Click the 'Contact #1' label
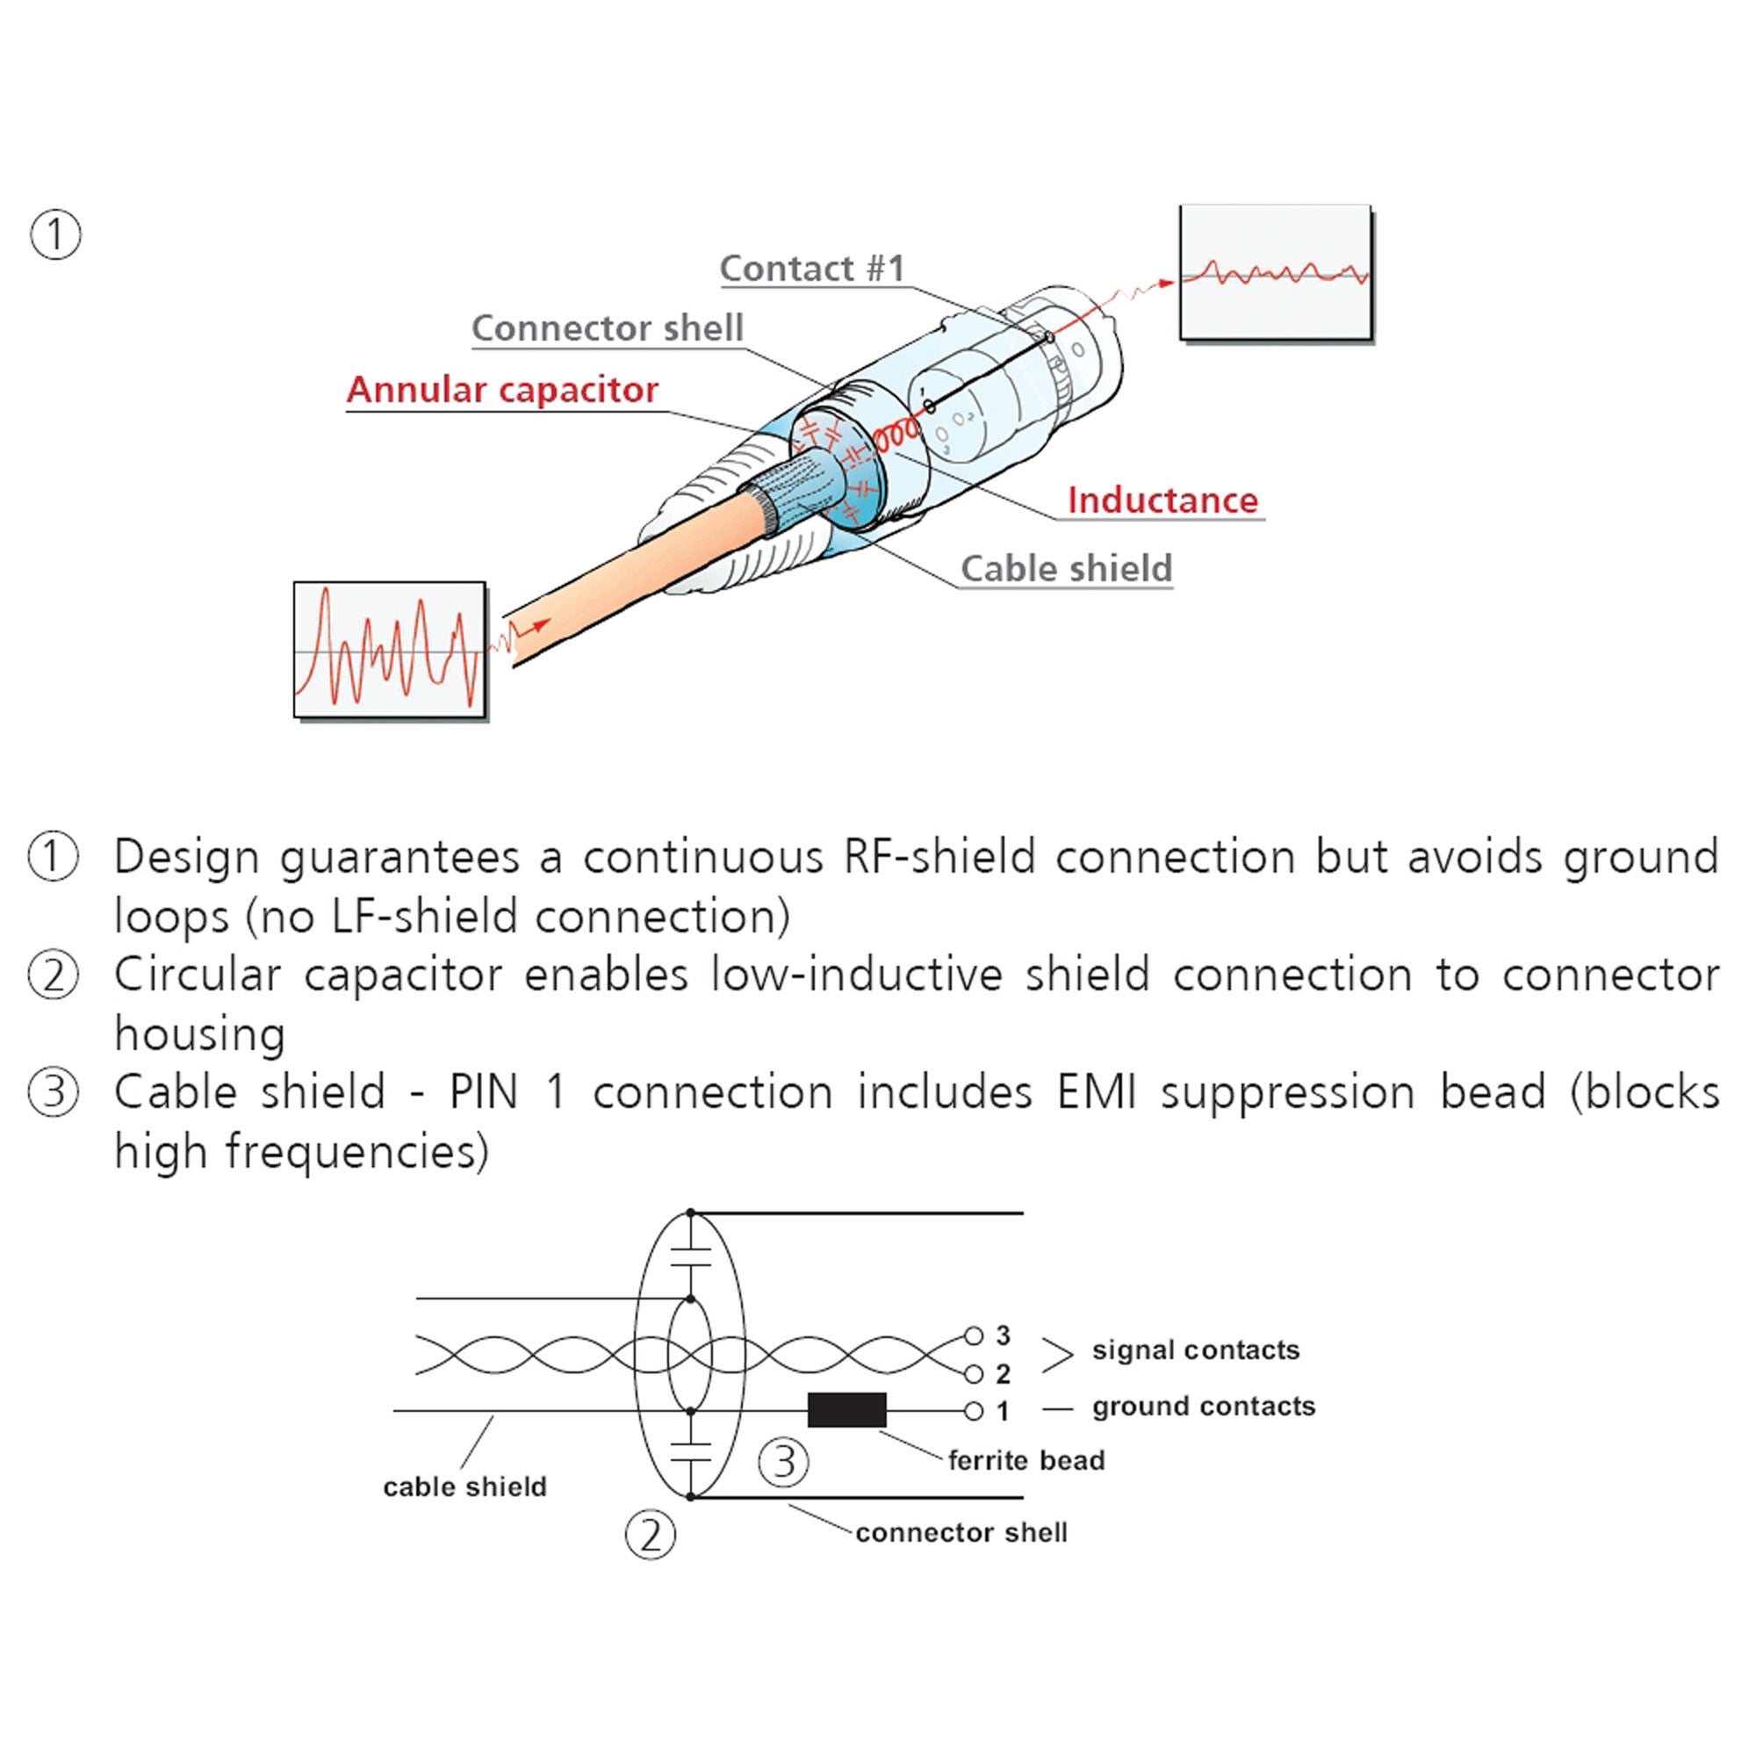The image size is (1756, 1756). click(811, 268)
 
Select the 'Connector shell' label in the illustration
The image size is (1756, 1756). click(608, 328)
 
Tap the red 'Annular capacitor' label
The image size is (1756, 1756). click(501, 390)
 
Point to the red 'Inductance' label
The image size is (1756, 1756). click(1162, 500)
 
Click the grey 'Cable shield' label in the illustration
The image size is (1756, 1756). click(1066, 569)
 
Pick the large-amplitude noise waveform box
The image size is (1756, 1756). click(389, 650)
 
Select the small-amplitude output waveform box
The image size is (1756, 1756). click(1275, 273)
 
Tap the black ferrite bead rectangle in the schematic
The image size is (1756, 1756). click(846, 1410)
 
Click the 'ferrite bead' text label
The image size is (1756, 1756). click(1026, 1461)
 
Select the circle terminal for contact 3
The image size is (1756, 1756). click(974, 1335)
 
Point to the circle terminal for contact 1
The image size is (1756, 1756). click(974, 1411)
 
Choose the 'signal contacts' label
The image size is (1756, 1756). click(1195, 1350)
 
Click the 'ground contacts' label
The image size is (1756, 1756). click(1204, 1407)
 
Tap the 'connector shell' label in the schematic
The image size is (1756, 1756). click(961, 1533)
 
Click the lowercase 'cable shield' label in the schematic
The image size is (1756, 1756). click(464, 1487)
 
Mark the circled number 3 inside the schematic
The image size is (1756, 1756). click(782, 1463)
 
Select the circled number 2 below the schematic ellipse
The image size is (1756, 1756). click(651, 1535)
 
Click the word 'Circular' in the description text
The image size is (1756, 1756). click(198, 975)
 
